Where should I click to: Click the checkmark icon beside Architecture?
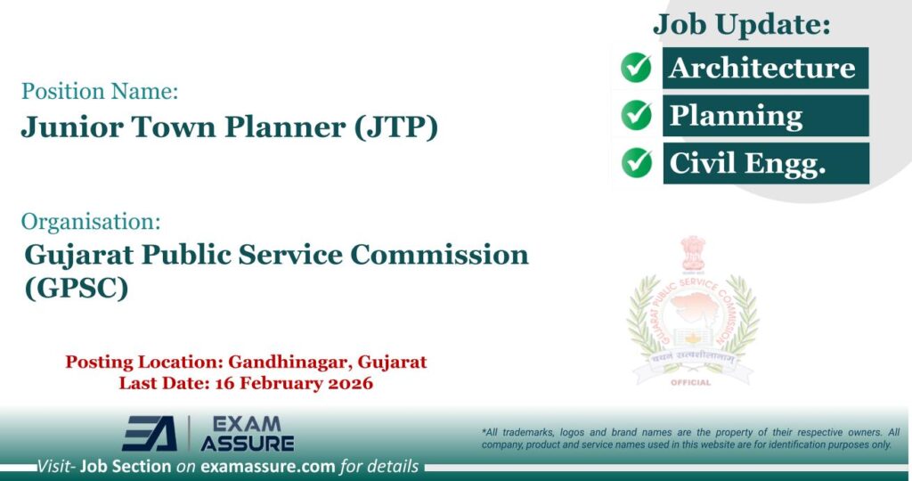click(636, 68)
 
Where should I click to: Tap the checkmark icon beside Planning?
click(636, 115)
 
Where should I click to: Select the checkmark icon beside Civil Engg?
click(636, 162)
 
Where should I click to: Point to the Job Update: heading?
click(742, 24)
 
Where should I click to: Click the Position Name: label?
click(100, 91)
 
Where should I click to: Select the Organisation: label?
click(91, 221)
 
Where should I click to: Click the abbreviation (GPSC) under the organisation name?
click(77, 288)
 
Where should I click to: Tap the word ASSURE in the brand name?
click(247, 442)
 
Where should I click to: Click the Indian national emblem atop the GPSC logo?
click(692, 254)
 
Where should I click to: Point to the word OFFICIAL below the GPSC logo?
click(691, 383)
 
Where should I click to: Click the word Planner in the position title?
click(287, 127)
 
